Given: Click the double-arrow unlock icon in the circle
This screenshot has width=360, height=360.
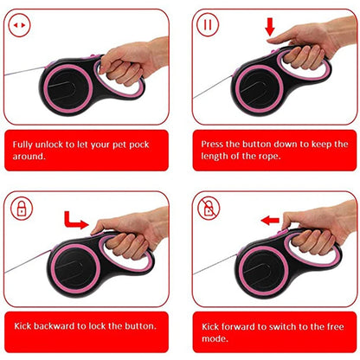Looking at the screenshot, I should click(19, 25).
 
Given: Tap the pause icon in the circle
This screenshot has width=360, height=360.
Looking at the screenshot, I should click(207, 25).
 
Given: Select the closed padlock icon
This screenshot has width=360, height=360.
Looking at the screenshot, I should click(19, 208).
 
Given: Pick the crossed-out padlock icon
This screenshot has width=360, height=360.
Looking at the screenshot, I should click(208, 209).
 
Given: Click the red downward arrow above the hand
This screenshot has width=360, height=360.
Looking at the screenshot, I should click(270, 27).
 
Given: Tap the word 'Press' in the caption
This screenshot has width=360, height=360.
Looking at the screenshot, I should click(214, 143).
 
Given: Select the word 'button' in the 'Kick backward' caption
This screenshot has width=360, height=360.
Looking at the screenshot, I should click(136, 325).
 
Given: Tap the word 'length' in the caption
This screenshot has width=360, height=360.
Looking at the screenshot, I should click(216, 157).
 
